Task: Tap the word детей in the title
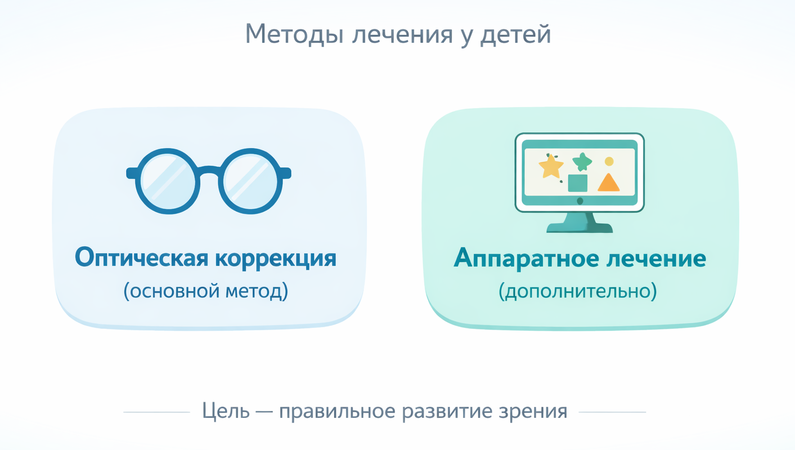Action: [x=515, y=34]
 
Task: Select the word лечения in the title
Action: [x=402, y=34]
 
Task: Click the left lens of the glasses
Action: [x=167, y=181]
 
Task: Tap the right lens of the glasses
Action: [x=250, y=181]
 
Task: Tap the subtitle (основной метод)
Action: [x=206, y=291]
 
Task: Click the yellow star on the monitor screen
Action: [x=551, y=167]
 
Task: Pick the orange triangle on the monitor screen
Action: [x=608, y=183]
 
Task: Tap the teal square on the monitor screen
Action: [x=578, y=183]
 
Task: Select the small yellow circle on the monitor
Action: [x=609, y=162]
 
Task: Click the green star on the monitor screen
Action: [x=582, y=162]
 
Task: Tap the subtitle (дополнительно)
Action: [x=578, y=291]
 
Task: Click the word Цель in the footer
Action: [x=226, y=411]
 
